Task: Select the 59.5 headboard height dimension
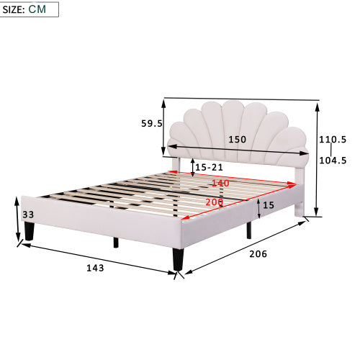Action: tap(151, 123)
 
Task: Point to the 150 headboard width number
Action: tap(238, 139)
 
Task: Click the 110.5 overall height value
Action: tap(334, 139)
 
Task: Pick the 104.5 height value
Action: tap(334, 161)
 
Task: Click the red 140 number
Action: tap(220, 184)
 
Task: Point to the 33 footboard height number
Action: tap(29, 215)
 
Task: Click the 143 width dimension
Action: tap(95, 267)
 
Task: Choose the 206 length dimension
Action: tap(258, 253)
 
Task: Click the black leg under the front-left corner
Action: tap(29, 230)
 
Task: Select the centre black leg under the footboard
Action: tap(115, 241)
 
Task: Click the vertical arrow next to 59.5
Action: tap(166, 127)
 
